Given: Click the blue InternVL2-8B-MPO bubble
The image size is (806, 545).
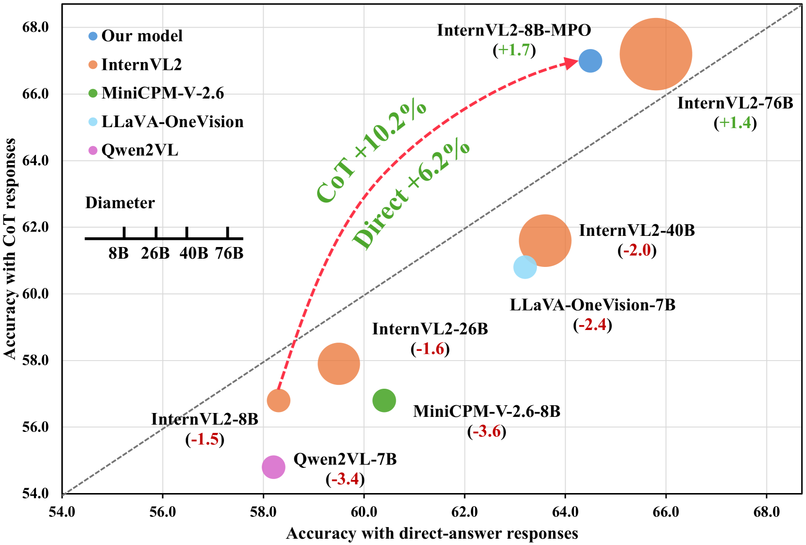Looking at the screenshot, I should pos(590,61).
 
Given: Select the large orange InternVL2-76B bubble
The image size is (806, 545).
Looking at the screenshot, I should pos(655,54).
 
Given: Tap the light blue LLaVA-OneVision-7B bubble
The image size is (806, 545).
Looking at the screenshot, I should pos(524,267).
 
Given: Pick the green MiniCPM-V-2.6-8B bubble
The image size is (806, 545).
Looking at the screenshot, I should pos(384,400).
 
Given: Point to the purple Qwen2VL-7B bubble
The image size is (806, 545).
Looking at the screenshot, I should pos(273,467).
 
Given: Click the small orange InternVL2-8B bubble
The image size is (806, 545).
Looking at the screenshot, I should pos(278,400).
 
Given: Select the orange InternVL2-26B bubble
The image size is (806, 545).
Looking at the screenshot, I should pos(338,363).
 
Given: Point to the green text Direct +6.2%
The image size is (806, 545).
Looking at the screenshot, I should pos(411,196).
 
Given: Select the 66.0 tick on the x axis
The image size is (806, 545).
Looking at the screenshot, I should pos(666,512).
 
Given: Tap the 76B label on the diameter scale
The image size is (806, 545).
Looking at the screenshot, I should pos(229,253).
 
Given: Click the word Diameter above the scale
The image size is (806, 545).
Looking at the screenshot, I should pos(120,203).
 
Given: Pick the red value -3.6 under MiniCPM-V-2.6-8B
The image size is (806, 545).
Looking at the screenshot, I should pos(487,431).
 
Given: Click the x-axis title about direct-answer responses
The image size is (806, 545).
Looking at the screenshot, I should pos(432,533).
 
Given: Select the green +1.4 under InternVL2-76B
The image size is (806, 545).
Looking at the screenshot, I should pos(735,123).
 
